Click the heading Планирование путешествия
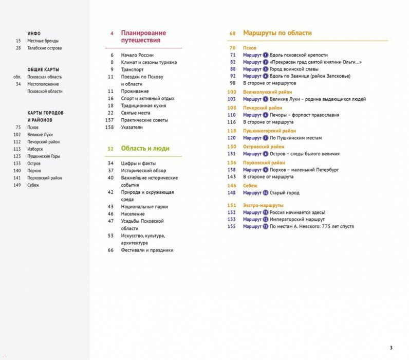point(143,37)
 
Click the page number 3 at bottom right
point(391,347)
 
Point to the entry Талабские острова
point(45,48)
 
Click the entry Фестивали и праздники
point(147,250)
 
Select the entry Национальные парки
point(144,207)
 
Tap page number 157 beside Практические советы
point(109,120)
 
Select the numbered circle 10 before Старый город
point(266,193)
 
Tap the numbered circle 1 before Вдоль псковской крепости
point(266,55)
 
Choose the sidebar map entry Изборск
point(36,149)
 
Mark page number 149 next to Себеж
point(17,185)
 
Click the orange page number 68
point(232,33)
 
